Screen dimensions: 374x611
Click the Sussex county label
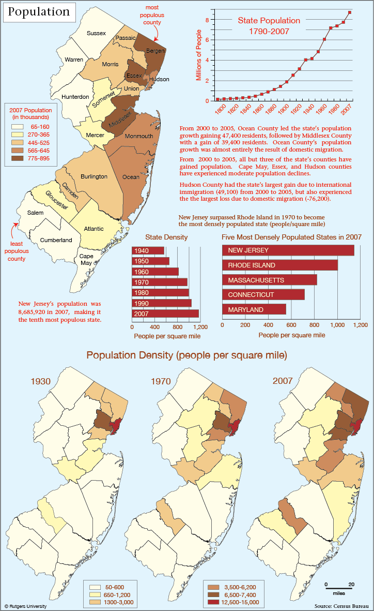(96, 33)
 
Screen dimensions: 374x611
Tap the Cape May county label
(86, 260)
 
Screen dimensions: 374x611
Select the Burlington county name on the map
(94, 176)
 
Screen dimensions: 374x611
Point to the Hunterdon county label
(75, 97)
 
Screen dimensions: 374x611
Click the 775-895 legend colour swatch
(18, 158)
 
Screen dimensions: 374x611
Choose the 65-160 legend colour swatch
(18, 127)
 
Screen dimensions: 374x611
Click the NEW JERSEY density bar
(288, 250)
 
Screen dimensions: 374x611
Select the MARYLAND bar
(254, 309)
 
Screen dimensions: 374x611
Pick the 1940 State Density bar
(148, 250)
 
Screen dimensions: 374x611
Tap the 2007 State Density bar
(165, 314)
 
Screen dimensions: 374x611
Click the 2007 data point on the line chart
(350, 12)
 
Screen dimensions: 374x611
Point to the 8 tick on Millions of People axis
(208, 20)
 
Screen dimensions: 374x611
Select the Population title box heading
(39, 12)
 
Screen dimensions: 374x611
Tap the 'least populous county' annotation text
(17, 251)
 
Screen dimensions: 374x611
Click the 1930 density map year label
(40, 381)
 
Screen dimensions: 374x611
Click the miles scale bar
(339, 588)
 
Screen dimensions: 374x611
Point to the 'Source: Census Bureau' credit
(341, 606)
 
